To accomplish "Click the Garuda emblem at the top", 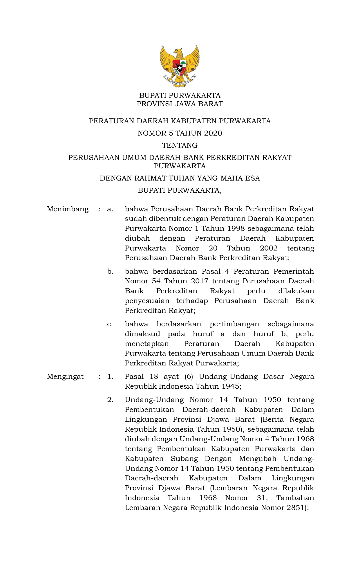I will click(x=180, y=66).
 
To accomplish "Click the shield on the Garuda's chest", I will click(x=180, y=67).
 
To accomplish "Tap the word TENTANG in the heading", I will click(x=180, y=145).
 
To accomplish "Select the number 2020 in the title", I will click(x=213, y=133).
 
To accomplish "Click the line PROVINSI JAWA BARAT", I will click(x=180, y=104).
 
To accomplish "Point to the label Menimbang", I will click(x=68, y=209).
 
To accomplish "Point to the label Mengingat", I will click(x=65, y=377).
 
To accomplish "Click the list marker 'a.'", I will click(x=110, y=209).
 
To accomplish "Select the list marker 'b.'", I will click(x=110, y=272).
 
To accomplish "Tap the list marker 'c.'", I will click(x=110, y=324).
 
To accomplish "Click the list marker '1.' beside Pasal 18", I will click(x=110, y=377).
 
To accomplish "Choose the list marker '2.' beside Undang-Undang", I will click(x=110, y=400).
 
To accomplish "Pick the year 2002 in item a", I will click(x=269, y=248).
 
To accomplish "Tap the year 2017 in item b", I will click(x=200, y=281).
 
